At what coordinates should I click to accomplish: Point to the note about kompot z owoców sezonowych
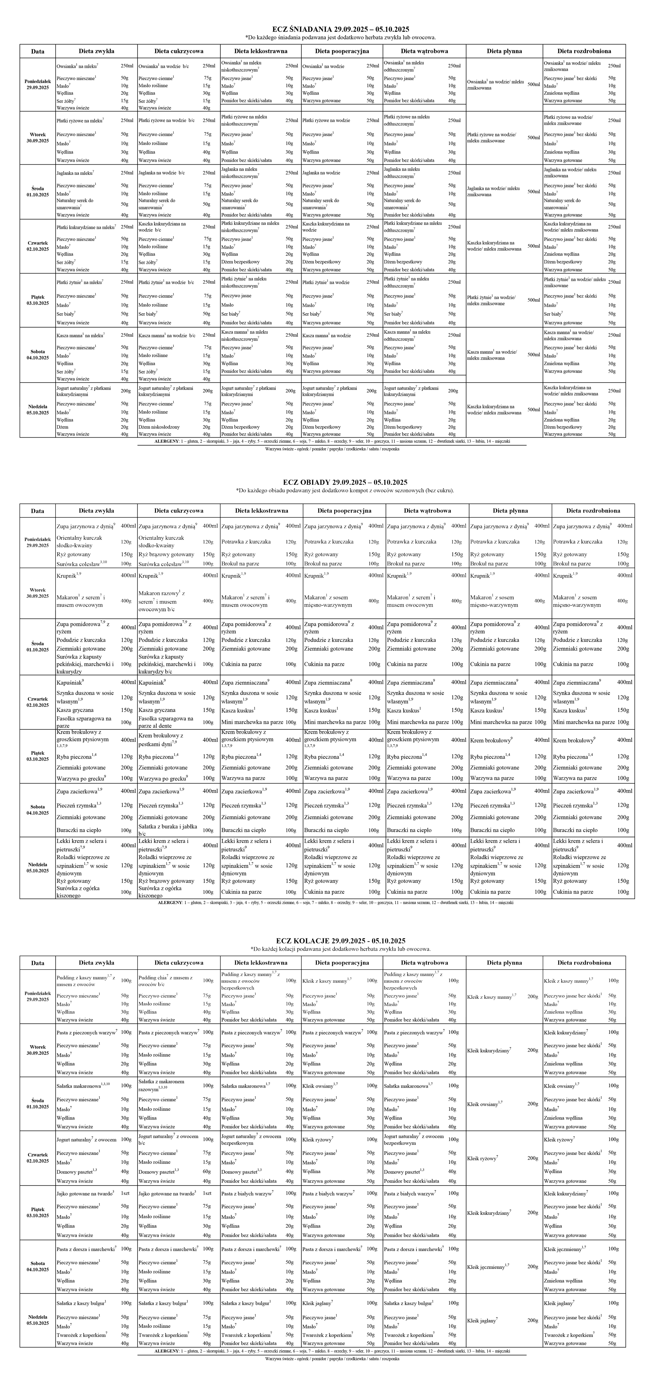(345, 491)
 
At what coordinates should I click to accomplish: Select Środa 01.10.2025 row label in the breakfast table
(38, 192)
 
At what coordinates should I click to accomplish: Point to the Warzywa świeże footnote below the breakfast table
(332, 449)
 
